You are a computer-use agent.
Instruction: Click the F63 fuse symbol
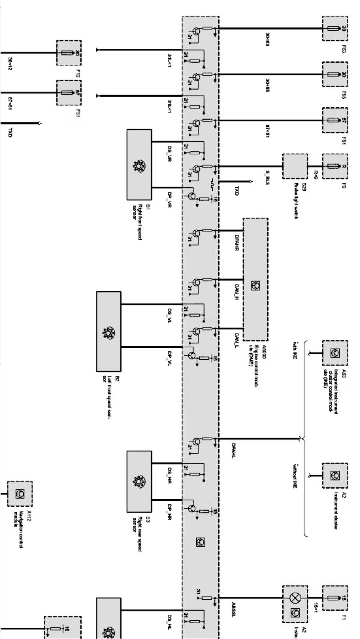coord(335,28)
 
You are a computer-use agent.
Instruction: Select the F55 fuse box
coord(335,74)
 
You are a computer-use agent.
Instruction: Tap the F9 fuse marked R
coord(335,166)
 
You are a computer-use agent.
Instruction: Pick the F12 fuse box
coord(69,53)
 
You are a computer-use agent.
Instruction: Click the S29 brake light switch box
coord(295,166)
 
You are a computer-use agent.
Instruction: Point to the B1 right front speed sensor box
coord(139,165)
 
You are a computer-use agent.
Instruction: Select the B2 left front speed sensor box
coord(108,331)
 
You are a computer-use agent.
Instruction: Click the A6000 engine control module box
coord(256,280)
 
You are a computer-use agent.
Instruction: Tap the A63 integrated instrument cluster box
coord(335,353)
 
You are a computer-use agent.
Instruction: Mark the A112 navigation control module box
coord(19,494)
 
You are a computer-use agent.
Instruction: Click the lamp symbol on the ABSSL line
coord(295,597)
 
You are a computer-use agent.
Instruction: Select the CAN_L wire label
coord(237,340)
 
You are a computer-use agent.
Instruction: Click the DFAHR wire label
coord(237,243)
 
